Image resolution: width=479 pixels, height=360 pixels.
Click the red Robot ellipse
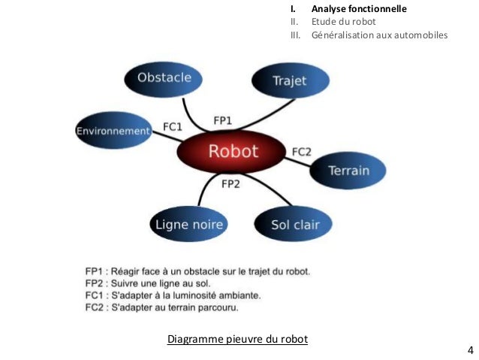(233, 152)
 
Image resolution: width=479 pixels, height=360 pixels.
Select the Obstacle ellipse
(164, 77)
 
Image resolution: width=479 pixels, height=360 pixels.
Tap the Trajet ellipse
(289, 80)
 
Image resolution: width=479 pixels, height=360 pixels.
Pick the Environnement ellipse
(113, 131)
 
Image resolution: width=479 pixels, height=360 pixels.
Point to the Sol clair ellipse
(291, 225)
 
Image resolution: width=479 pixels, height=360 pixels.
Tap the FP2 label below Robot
(231, 184)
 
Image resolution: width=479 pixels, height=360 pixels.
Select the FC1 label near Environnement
(173, 127)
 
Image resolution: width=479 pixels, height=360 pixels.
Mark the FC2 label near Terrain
(301, 152)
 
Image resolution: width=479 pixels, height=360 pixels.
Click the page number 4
(470, 349)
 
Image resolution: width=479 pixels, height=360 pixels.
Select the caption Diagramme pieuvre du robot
(237, 338)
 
